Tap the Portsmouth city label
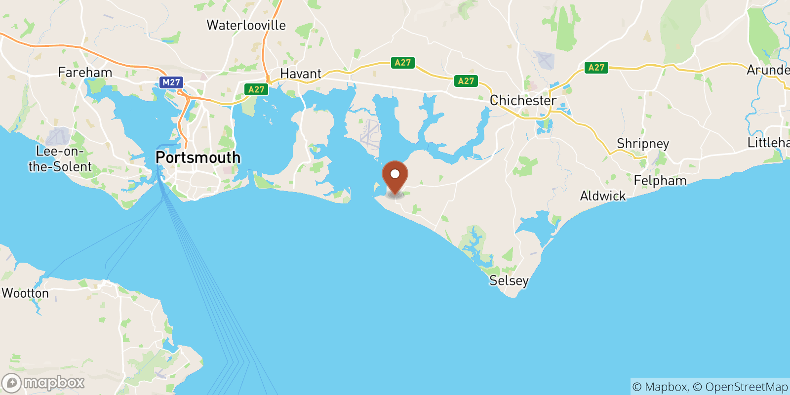198,158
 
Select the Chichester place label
523,100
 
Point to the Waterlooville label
246,25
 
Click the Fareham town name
85,73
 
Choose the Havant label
301,74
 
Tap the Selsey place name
509,280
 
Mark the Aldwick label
603,196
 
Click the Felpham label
660,181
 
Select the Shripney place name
643,144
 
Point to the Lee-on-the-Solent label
60,159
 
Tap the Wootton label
25,293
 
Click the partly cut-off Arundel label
768,70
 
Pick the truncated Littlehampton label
768,143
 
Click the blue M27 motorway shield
171,82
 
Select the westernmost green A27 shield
256,89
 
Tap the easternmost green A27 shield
596,68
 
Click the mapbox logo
43,383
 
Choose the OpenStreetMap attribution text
746,387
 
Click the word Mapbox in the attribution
666,387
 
